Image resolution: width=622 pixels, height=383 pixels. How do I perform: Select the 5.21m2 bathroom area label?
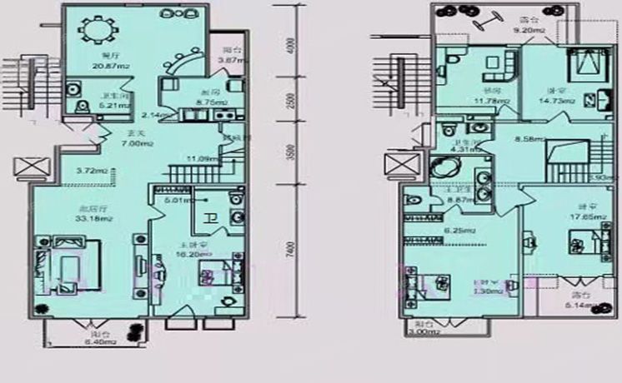tap(114, 106)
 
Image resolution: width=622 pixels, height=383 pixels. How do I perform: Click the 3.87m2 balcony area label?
tap(230, 60)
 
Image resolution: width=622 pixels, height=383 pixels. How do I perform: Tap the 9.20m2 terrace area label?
tap(527, 31)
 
